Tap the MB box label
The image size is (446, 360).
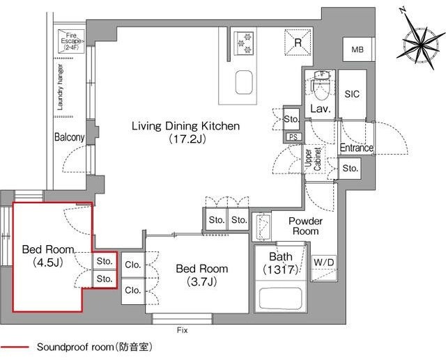[x=357, y=49]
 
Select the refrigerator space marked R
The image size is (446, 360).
[x=297, y=43]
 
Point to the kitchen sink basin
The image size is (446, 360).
[x=245, y=83]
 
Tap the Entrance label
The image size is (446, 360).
[x=356, y=148]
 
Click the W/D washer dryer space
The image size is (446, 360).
[x=324, y=263]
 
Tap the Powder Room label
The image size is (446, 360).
[x=305, y=226]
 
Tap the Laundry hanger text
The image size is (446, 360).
[x=60, y=88]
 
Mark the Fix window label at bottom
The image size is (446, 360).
[x=183, y=330]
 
